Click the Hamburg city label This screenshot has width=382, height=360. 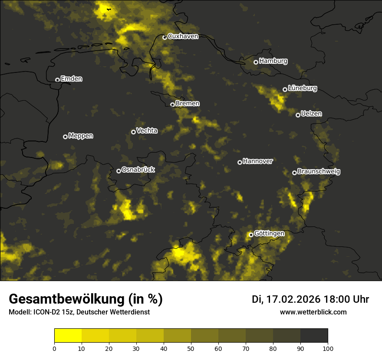273,61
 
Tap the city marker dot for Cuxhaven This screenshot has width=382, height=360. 165,38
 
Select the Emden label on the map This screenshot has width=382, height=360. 71,79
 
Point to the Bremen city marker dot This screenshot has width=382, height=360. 172,105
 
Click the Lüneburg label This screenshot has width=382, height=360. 302,88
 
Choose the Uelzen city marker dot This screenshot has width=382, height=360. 298,115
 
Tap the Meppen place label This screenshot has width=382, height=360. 81,136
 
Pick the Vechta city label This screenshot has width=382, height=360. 147,131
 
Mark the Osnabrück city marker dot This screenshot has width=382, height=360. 119,171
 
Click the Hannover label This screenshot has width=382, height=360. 257,161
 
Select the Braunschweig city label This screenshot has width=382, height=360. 319,172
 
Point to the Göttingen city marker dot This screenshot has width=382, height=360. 251,235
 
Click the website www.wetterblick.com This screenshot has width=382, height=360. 313,312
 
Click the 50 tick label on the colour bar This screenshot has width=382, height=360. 191,348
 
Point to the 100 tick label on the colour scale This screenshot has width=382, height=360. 328,348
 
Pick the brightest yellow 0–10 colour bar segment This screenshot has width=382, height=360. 68,336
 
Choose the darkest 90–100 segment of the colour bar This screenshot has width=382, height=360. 314,336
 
